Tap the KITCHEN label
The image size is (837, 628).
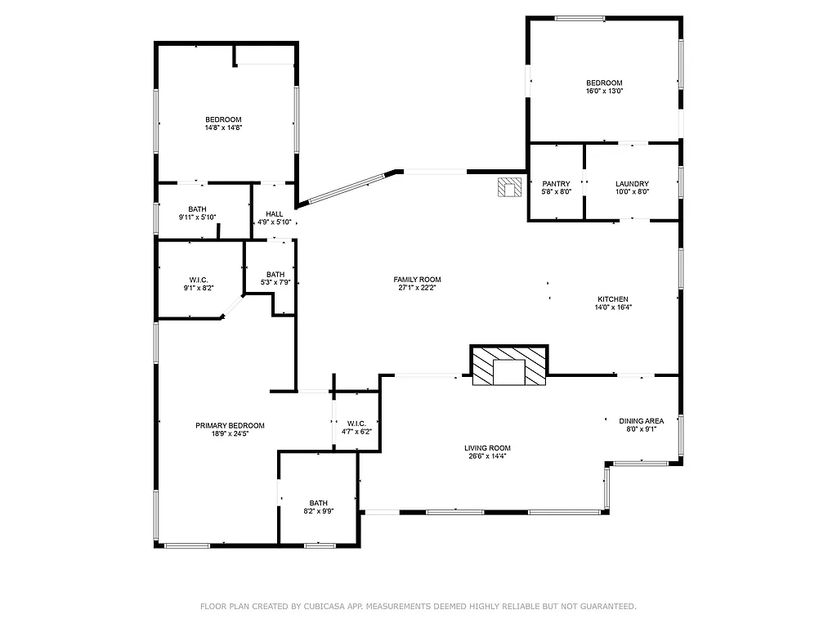point(612,299)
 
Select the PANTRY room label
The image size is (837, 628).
point(556,184)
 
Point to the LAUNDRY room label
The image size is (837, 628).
point(632,184)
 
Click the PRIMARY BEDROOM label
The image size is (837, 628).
point(230,425)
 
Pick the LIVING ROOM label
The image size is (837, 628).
point(487,447)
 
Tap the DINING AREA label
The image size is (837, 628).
point(641,421)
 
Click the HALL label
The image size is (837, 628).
point(274,214)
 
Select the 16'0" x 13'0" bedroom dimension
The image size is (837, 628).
point(604,92)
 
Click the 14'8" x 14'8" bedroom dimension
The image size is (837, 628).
point(223,128)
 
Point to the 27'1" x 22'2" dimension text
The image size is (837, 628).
point(417,288)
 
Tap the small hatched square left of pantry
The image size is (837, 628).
point(510,187)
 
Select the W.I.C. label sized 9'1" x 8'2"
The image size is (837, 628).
point(199,280)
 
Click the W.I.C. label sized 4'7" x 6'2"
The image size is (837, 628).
point(356,423)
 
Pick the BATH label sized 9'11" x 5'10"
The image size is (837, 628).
point(197,209)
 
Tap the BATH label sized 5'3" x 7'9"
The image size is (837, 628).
point(275,275)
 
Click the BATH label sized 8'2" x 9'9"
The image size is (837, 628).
point(318,503)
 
